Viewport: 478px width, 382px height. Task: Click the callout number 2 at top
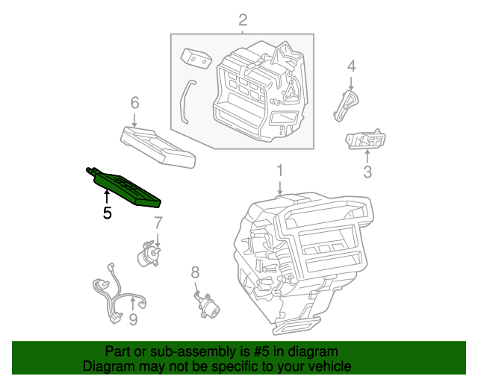click(x=242, y=19)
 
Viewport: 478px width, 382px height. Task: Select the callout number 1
click(x=279, y=171)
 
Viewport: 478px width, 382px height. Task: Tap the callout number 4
click(x=351, y=66)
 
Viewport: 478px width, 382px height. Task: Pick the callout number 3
click(x=367, y=173)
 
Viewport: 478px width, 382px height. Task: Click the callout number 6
click(x=134, y=101)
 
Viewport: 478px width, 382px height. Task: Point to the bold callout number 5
click(x=107, y=213)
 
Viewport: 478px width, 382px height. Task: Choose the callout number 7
click(x=158, y=222)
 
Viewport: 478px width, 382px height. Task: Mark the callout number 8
click(x=195, y=272)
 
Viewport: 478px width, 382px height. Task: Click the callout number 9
click(x=132, y=321)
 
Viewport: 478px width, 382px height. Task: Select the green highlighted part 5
click(x=125, y=188)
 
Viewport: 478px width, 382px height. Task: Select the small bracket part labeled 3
click(x=366, y=140)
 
